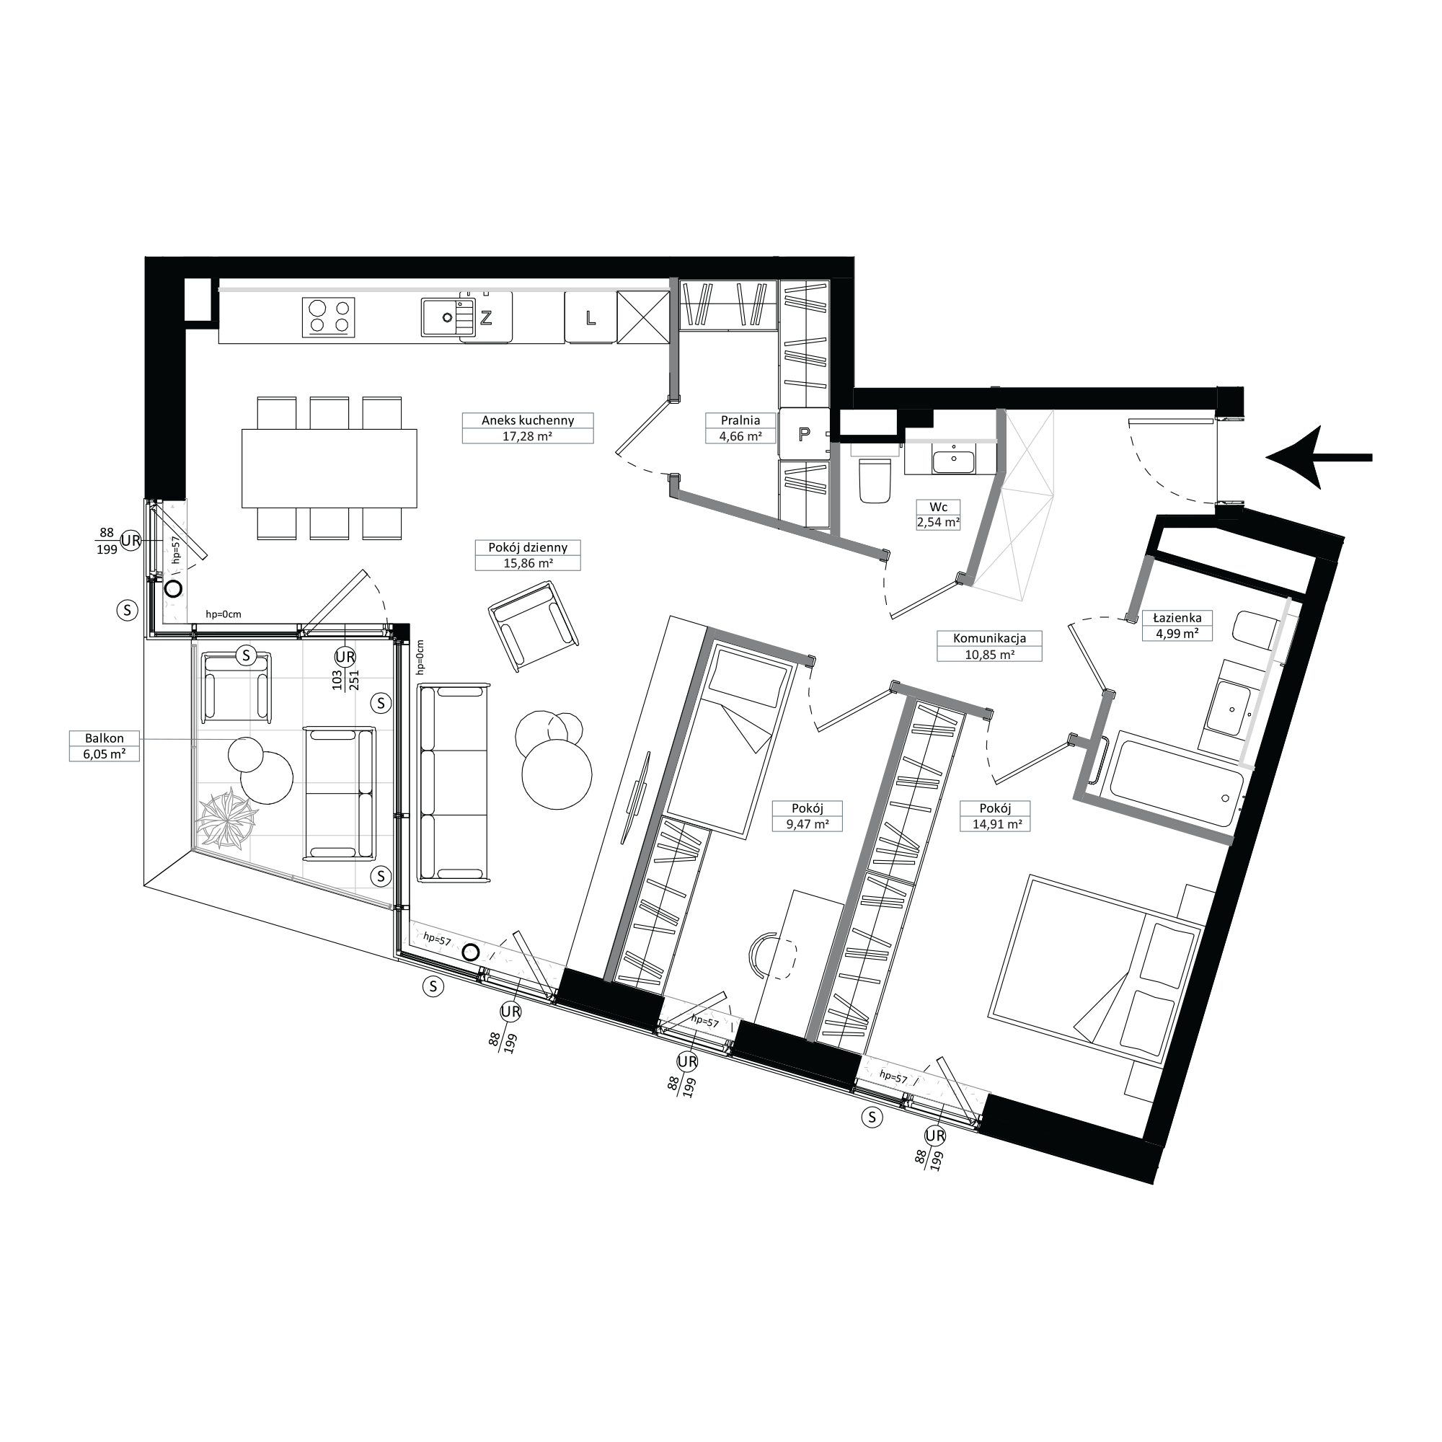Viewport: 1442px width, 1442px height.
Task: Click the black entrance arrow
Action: tap(1319, 457)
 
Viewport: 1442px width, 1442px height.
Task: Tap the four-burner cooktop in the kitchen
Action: tap(328, 317)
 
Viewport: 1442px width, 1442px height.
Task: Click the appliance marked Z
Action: tap(486, 317)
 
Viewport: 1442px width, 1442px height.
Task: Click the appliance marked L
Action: tap(590, 317)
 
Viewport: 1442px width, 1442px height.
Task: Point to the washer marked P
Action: tap(804, 433)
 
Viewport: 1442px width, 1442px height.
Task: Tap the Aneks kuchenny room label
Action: tap(528, 428)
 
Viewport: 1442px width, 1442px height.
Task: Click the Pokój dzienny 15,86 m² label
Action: tap(528, 555)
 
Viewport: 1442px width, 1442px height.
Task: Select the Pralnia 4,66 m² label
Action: tap(740, 428)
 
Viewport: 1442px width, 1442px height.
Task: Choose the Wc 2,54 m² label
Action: tap(938, 514)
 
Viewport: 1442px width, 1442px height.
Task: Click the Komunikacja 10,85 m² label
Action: tap(989, 645)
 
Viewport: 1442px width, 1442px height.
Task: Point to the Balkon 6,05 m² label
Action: tap(105, 746)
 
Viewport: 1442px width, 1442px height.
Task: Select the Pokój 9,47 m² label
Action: tap(808, 815)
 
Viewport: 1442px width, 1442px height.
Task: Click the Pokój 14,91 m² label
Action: tap(996, 815)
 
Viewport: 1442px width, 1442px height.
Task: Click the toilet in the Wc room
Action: tap(875, 479)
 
